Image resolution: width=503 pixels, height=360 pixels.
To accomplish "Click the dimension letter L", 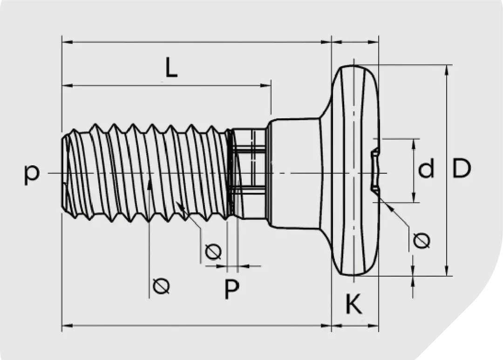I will coord(171,68).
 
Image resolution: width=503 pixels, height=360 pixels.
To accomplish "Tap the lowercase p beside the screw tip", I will coord(32,174).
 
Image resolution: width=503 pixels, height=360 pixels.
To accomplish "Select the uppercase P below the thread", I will coord(231,289).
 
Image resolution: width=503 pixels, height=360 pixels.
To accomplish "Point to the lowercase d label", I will coord(426,169).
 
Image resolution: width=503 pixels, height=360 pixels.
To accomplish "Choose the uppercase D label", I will coord(461,169).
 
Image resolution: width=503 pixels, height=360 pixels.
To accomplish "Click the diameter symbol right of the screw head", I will coord(421,240).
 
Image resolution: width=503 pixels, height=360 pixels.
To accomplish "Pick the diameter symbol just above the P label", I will coord(213,251).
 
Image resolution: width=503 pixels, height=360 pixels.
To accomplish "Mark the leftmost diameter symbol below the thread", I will coord(161,285).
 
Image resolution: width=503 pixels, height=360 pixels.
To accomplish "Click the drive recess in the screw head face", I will coord(374,170).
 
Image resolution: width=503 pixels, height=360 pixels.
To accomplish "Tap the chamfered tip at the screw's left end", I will coord(67,173).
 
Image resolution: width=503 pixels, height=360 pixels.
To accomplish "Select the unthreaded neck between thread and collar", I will coord(249,173).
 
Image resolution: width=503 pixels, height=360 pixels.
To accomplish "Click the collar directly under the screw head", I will coord(293,173).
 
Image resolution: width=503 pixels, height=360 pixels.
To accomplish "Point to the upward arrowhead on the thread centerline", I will coord(149,185).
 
